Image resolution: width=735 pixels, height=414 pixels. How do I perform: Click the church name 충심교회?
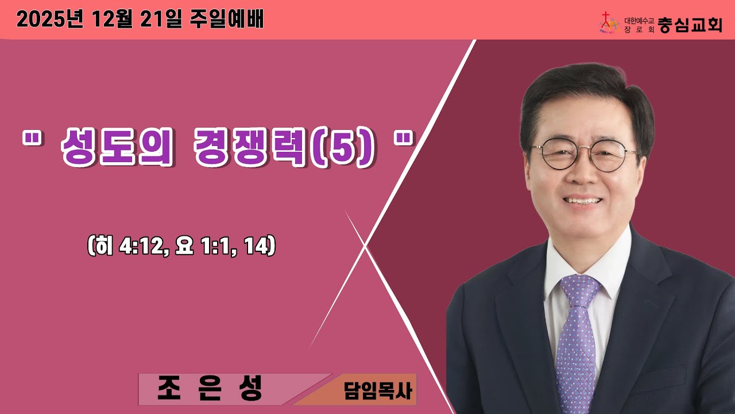click(690, 25)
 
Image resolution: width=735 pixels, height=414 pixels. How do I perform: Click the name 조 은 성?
click(210, 389)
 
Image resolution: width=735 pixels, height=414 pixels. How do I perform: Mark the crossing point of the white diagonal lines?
click(366, 246)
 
